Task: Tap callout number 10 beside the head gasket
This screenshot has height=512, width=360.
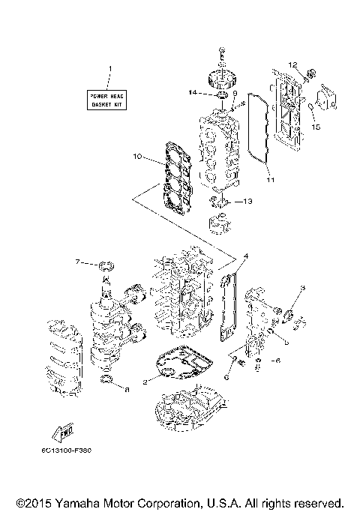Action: click(x=137, y=157)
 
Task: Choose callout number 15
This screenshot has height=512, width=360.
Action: click(x=316, y=127)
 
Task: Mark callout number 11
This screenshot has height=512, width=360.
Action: click(x=271, y=181)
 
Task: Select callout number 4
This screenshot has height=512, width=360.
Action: click(x=245, y=256)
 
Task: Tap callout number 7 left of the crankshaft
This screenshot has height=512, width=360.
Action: click(x=78, y=262)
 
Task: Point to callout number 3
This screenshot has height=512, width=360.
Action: click(x=303, y=288)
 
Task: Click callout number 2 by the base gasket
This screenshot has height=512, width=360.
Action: click(x=145, y=382)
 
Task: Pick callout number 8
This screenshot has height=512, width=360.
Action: click(x=127, y=389)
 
